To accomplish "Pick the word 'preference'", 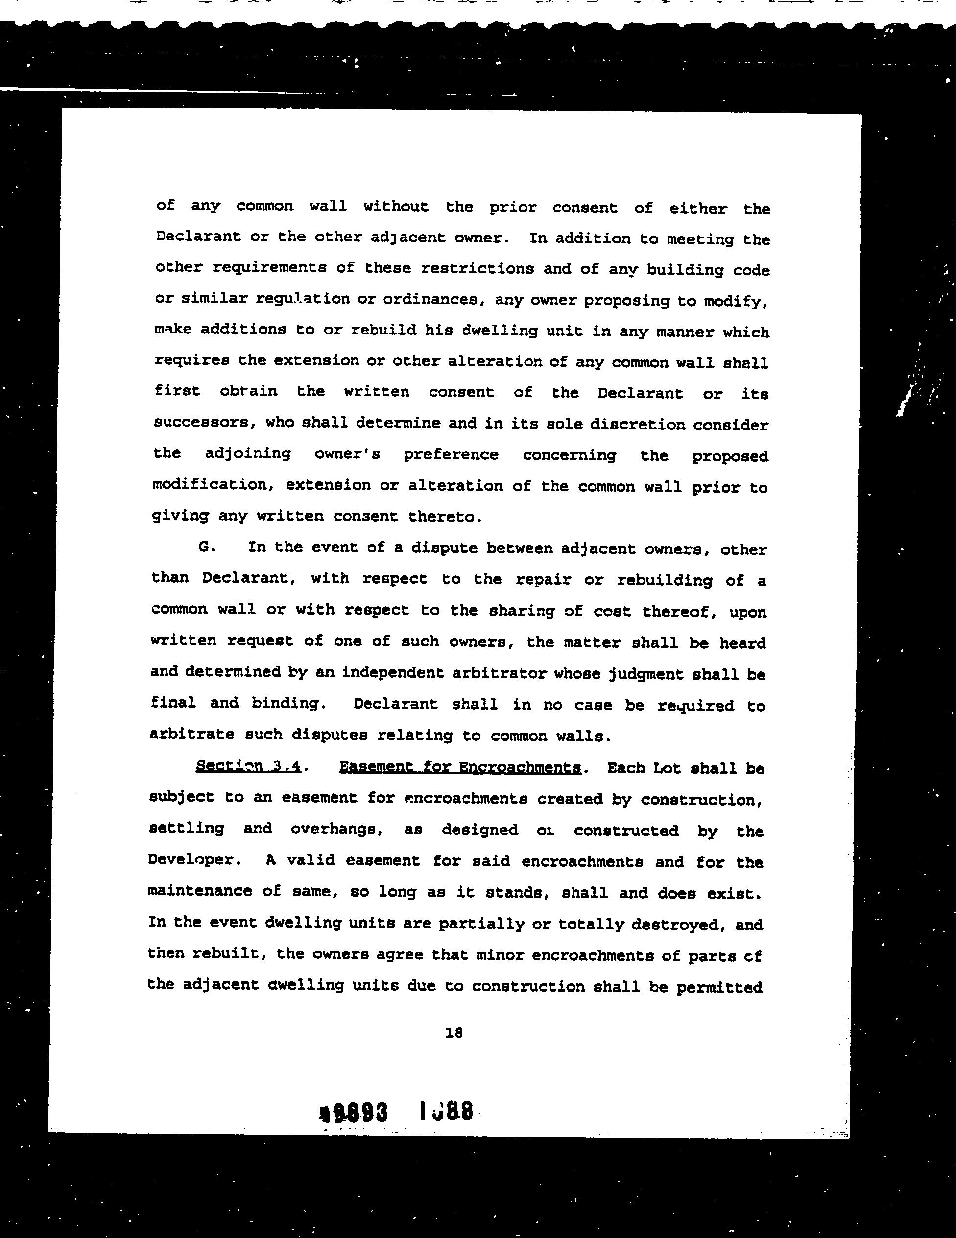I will click(451, 454).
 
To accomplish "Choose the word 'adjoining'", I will click(248, 453).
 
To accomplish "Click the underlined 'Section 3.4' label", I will click(248, 766).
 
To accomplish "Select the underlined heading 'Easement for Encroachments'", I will click(460, 767).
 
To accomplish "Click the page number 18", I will click(454, 1033).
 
